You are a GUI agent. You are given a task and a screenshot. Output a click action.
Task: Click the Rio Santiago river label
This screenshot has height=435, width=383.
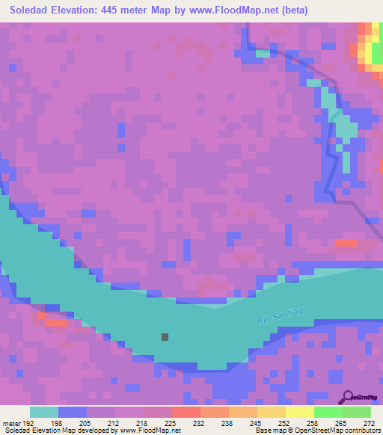pos(284,314)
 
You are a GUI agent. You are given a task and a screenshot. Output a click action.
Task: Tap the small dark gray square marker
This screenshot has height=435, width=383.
pos(165,337)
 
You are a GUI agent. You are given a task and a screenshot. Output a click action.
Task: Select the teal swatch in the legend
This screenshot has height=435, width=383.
pos(44,412)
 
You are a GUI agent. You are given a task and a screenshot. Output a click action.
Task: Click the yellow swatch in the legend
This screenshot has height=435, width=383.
pos(299,412)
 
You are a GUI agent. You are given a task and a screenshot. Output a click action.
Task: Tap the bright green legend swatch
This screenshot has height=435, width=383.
pos(328,412)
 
